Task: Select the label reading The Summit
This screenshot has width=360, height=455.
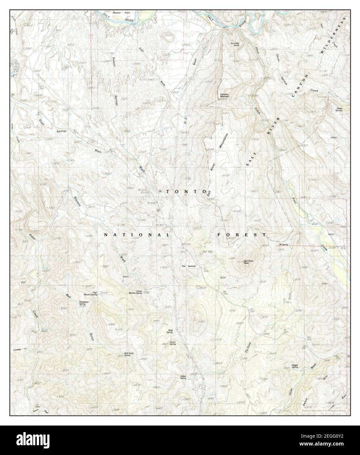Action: click(x=189, y=266)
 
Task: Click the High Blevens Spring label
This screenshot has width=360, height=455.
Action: click(x=94, y=294)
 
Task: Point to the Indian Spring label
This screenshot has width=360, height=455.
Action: click(x=183, y=377)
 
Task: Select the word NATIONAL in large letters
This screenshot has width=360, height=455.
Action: click(x=137, y=235)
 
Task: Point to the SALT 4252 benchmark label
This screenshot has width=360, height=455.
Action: click(x=208, y=251)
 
